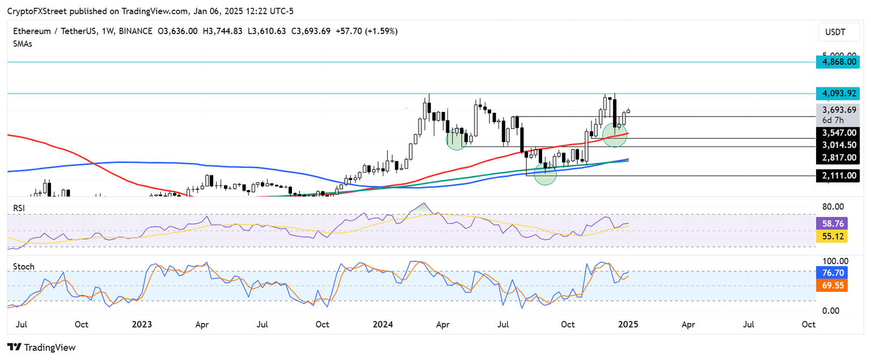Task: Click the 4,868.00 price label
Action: [x=836, y=61]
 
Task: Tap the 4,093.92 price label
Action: [x=836, y=93]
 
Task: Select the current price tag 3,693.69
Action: [x=836, y=110]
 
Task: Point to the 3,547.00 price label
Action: [x=836, y=132]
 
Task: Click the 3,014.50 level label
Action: [x=836, y=145]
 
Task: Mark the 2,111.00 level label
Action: [x=836, y=175]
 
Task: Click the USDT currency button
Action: [x=835, y=32]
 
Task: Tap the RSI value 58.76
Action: [x=831, y=224]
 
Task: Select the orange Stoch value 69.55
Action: [x=831, y=286]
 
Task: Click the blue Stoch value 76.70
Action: [x=831, y=273]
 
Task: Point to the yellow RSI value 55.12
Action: [x=831, y=236]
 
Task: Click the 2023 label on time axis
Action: [x=142, y=325]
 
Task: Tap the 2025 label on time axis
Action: [x=628, y=325]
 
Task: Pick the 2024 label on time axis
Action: [x=383, y=325]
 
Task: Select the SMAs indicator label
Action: [x=23, y=44]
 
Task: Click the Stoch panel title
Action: [x=24, y=266]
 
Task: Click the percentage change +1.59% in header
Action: [x=382, y=31]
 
